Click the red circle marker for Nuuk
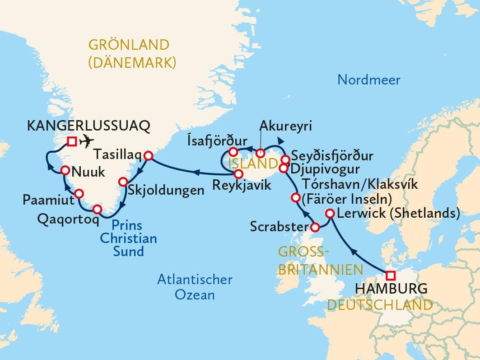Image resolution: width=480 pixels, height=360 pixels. click(65, 170)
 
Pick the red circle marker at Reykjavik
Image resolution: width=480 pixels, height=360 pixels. click(239, 173)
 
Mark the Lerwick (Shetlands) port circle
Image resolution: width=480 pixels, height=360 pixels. click(330, 214)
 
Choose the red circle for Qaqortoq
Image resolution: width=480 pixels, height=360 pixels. click(97, 210)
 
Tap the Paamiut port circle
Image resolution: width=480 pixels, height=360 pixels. click(79, 194)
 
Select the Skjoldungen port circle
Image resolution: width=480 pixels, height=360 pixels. click(123, 182)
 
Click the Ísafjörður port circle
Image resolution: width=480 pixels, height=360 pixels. click(233, 152)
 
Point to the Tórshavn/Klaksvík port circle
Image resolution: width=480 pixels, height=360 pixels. click(296, 197)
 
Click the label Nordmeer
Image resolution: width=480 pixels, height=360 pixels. click(369, 80)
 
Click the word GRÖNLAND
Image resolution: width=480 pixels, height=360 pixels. click(129, 45)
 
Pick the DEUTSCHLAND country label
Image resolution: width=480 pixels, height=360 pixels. click(380, 305)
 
